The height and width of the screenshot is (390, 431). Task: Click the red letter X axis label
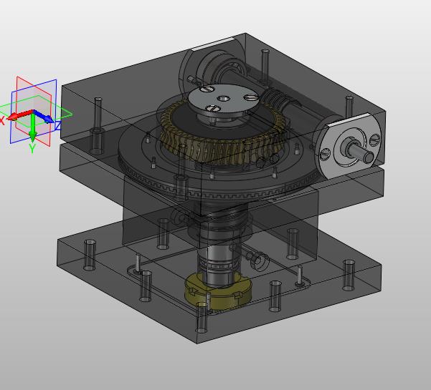click(2, 121)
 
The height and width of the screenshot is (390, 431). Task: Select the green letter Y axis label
click(32, 148)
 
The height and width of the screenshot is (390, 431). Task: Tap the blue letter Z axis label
click(58, 126)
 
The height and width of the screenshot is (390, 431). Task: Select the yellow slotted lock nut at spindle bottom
click(219, 291)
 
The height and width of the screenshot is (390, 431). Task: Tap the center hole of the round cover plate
click(223, 99)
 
